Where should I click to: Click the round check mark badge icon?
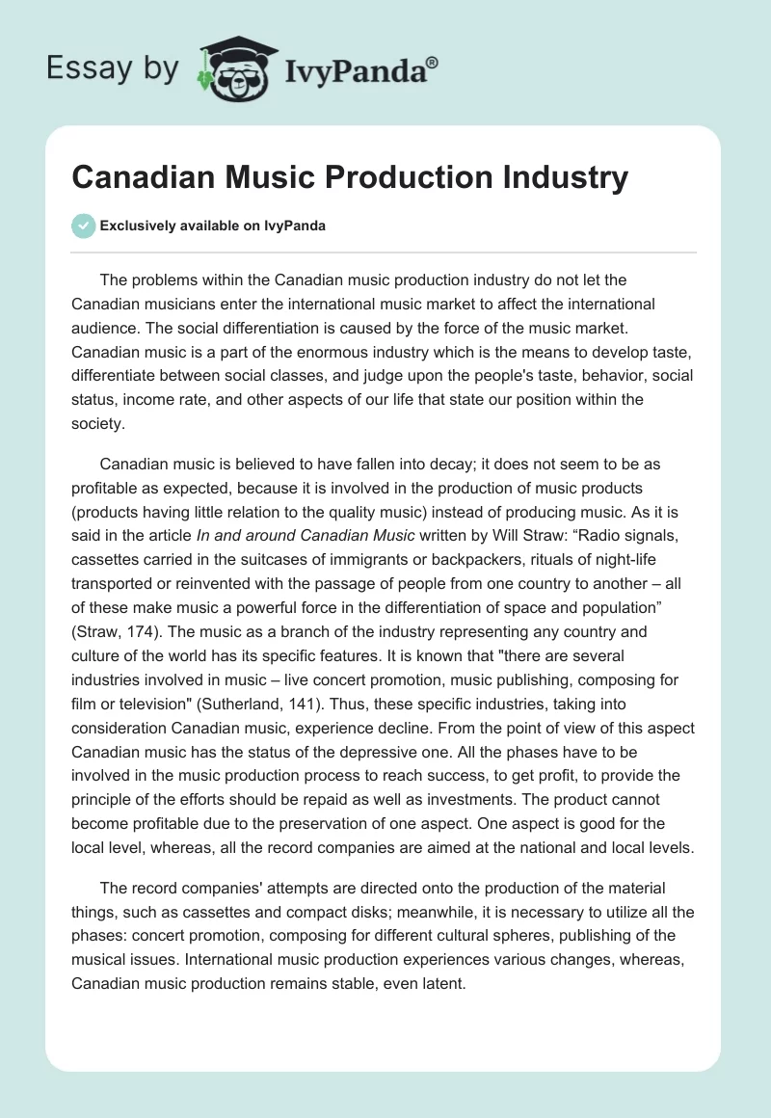click(x=83, y=226)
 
